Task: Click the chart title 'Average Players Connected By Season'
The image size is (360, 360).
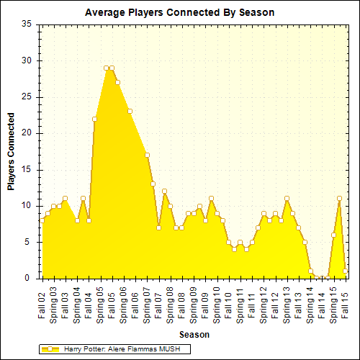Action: click(179, 12)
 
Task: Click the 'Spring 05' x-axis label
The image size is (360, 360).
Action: click(100, 305)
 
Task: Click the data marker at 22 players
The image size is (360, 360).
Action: click(94, 119)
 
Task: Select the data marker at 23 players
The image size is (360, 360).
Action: click(130, 111)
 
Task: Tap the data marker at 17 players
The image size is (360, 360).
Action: click(147, 155)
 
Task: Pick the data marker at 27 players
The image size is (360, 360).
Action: click(117, 82)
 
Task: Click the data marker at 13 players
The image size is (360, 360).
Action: click(153, 184)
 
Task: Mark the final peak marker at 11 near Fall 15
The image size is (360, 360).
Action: click(339, 198)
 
